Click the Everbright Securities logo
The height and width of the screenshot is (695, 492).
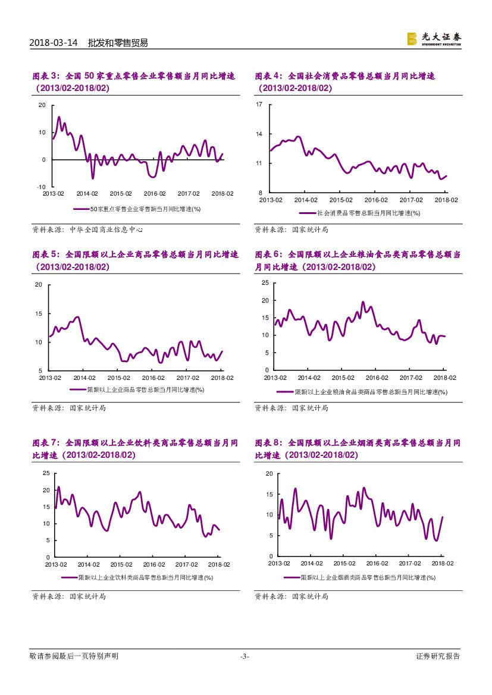(x=434, y=39)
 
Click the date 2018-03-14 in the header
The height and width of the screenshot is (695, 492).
(x=54, y=43)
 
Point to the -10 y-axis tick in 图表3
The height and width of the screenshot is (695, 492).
(x=41, y=187)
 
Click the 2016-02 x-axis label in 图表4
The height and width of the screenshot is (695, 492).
(x=377, y=200)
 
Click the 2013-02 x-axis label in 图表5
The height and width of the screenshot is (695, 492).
(x=50, y=378)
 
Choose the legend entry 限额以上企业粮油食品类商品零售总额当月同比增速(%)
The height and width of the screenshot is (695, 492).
(x=371, y=392)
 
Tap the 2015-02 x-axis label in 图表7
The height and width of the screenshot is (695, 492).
(x=121, y=564)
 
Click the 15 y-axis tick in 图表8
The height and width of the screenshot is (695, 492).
(x=269, y=494)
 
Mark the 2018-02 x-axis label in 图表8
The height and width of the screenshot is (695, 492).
(x=442, y=563)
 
